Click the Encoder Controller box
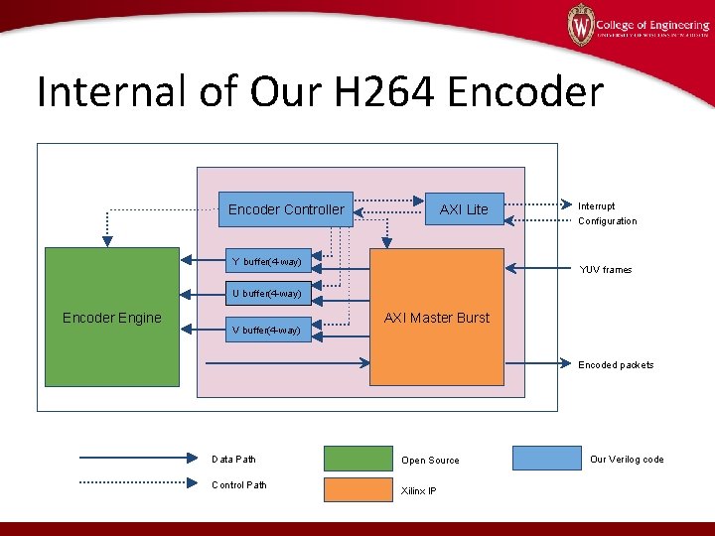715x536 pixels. [286, 209]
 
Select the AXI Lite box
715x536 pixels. [464, 209]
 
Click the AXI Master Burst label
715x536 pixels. [437, 318]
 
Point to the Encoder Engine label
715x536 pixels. [111, 318]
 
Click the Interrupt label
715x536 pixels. [597, 206]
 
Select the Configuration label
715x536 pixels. [608, 221]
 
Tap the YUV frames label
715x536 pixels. [606, 270]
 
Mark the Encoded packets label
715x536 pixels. [616, 365]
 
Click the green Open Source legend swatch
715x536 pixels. [357, 459]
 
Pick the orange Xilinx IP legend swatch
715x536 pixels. [357, 489]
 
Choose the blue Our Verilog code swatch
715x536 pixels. [545, 459]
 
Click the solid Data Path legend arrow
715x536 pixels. [139, 459]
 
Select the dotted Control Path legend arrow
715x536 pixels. [139, 484]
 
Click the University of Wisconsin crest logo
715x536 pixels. [581, 25]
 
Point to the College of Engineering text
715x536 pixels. [652, 25]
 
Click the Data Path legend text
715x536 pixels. [233, 460]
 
